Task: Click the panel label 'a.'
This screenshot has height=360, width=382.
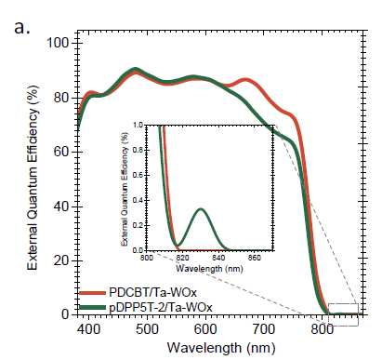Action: [x=22, y=27]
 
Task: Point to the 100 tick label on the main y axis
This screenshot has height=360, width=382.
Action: [x=58, y=43]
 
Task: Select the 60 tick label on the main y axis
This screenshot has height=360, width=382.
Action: [x=61, y=152]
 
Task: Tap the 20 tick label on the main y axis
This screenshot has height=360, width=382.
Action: [x=61, y=260]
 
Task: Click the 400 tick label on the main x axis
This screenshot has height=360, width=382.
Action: [x=89, y=329]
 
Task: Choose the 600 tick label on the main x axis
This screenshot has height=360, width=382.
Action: [x=205, y=329]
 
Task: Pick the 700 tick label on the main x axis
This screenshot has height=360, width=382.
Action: [x=264, y=329]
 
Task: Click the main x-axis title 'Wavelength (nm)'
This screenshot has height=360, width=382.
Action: [x=221, y=348]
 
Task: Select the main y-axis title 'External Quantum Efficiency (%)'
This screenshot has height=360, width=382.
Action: [x=33, y=178]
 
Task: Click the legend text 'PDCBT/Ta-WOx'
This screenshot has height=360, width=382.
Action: [x=152, y=292]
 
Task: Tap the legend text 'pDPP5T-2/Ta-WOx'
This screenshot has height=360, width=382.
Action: [x=161, y=307]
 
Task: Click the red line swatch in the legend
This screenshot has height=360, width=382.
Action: [x=92, y=293]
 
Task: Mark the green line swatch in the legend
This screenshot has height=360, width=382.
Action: [x=92, y=307]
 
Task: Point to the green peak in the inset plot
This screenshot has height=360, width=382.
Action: [x=201, y=208]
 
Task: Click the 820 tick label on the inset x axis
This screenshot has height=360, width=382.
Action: [x=183, y=258]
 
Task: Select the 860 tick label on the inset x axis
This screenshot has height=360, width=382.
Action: [x=255, y=258]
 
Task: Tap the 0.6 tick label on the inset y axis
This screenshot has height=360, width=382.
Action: [x=138, y=175]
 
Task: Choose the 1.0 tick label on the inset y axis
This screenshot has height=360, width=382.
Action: [x=138, y=125]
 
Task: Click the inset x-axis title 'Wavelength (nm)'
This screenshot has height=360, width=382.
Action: [x=209, y=269]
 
